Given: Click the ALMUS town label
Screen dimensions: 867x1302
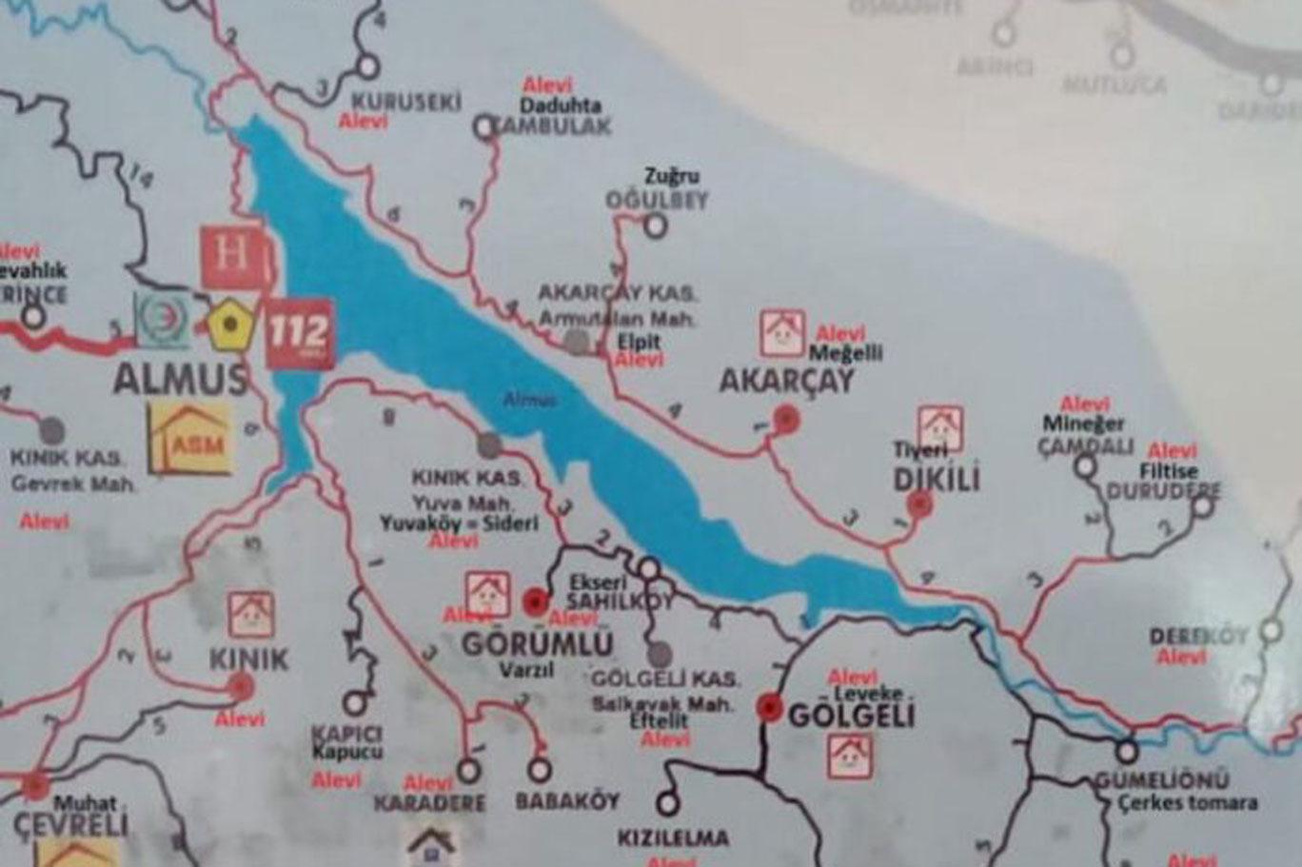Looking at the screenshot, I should click(180, 378).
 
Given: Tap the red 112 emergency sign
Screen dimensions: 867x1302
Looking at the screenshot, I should click(300, 333).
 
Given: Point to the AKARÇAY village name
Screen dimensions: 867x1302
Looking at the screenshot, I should click(786, 382).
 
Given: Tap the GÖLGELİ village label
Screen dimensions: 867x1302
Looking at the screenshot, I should click(851, 716).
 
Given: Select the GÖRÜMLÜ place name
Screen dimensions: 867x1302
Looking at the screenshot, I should click(537, 643).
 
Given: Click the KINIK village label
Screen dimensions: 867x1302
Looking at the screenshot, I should click(247, 659).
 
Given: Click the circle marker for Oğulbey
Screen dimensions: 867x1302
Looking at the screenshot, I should click(655, 226).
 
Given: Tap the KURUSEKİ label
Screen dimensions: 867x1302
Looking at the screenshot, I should click(405, 102).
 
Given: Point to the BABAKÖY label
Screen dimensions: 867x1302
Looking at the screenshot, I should click(567, 801).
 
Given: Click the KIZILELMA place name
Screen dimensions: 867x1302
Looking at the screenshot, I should click(673, 838).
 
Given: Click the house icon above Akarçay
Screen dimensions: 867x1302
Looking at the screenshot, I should click(782, 333).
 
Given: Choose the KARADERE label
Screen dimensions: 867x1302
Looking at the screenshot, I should click(429, 802).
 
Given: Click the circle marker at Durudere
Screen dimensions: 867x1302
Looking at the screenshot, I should click(1203, 505).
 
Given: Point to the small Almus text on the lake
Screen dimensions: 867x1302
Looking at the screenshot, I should click(528, 402).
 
